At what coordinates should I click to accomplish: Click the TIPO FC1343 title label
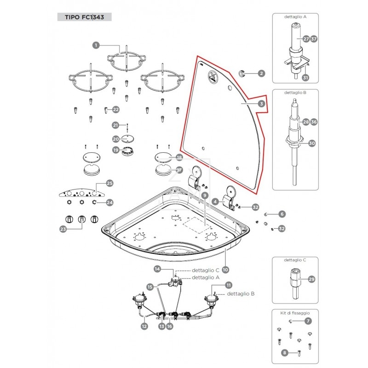(84, 17)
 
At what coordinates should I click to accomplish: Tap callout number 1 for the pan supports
(96, 45)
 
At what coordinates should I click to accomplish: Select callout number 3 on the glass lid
(261, 104)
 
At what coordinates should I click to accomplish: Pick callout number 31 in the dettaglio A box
(305, 78)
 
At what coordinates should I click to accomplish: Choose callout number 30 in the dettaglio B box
(312, 143)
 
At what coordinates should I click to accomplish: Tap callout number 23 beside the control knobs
(63, 229)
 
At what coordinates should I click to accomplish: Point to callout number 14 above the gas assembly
(157, 269)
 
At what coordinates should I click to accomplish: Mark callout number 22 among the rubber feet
(115, 109)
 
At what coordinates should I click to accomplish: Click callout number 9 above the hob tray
(204, 195)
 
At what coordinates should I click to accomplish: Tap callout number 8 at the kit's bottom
(286, 353)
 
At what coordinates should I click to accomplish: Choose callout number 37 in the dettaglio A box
(314, 39)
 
